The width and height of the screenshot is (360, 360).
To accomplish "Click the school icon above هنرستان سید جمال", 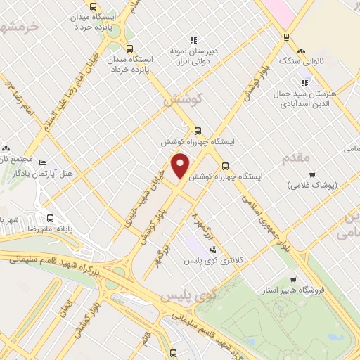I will coord(304,83).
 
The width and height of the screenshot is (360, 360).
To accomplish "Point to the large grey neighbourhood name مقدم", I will coord(295,157).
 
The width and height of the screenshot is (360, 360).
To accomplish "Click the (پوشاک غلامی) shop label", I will coord(314,185).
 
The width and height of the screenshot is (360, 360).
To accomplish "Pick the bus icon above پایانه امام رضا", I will coord(50,217).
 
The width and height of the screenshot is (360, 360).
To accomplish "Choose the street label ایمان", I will coord(68,307).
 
